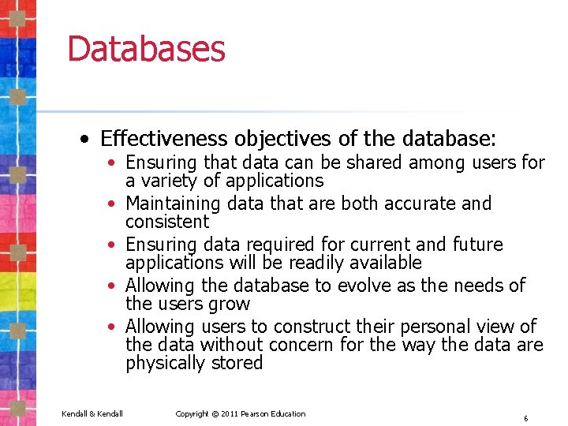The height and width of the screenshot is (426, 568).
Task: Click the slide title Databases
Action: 146,48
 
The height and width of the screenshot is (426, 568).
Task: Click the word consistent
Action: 167,222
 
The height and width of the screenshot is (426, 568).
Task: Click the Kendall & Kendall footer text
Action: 93,414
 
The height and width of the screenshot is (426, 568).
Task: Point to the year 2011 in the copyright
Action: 230,414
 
